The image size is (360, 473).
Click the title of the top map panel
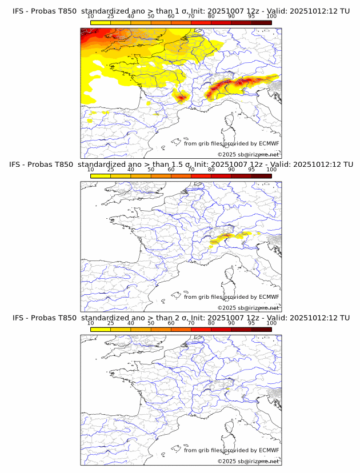click(181, 11)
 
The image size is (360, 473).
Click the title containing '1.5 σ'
click(181, 165)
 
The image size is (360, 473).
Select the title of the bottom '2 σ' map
click(181, 318)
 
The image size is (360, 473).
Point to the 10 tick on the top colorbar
click(90, 17)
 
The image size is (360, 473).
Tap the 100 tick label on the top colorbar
click(271, 17)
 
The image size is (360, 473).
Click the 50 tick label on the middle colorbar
click(151, 170)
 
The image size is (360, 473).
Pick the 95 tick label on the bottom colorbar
click(251, 323)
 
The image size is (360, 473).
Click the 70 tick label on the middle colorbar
click(191, 170)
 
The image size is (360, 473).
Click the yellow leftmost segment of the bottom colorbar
click(100, 329)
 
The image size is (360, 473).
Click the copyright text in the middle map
click(249, 307)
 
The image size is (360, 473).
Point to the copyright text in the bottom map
click(249, 461)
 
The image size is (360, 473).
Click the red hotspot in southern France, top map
click(182, 98)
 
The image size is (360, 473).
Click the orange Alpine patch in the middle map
click(226, 235)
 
